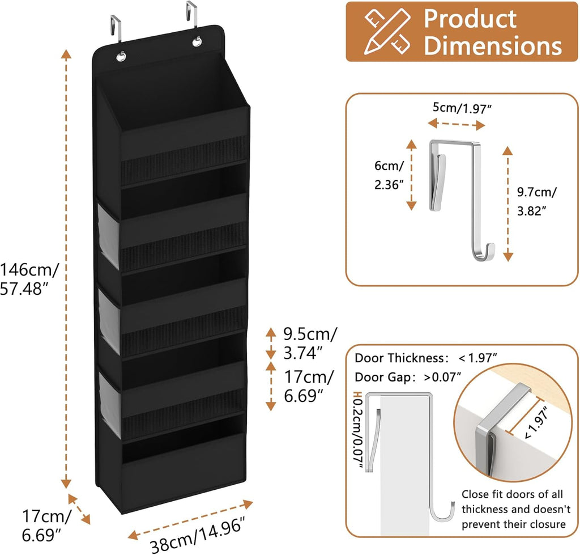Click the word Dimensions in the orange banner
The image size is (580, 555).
tap(493, 45)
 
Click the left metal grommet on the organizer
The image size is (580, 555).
tap(122, 56)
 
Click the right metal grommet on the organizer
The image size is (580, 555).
tap(197, 42)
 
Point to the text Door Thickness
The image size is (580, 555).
tap(400, 358)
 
